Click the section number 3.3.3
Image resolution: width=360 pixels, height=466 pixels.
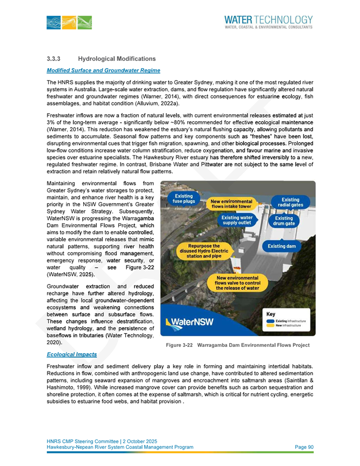[55, 58]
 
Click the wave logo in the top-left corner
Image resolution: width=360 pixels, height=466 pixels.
[69, 22]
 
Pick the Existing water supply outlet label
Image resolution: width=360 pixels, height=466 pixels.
[237, 220]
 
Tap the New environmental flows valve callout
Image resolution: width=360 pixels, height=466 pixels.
[237, 282]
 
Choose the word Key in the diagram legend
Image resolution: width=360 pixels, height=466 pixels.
[271, 315]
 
